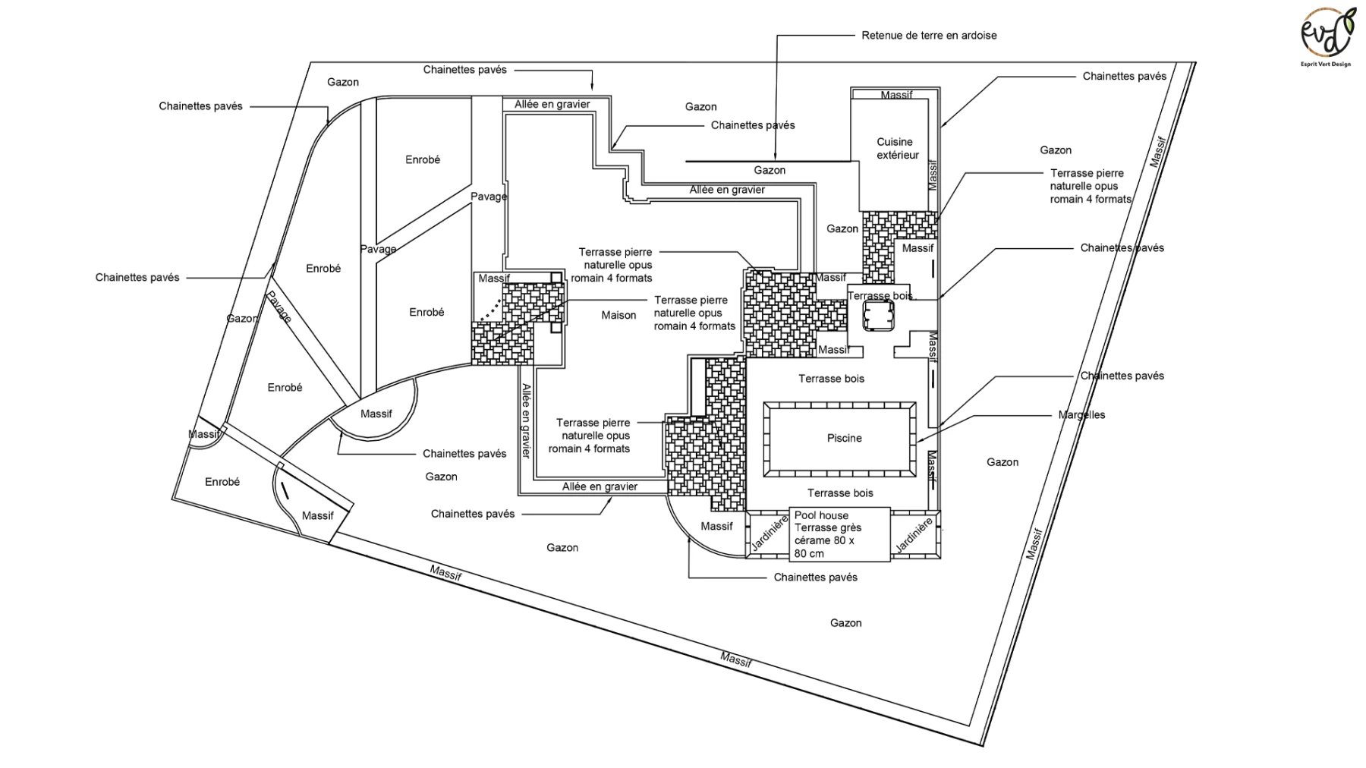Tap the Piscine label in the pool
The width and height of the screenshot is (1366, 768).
pyautogui.click(x=844, y=438)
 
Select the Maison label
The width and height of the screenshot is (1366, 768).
pyautogui.click(x=618, y=315)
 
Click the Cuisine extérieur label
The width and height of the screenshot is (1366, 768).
pyautogui.click(x=898, y=148)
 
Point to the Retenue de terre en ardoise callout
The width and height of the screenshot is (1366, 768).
pyautogui.click(x=929, y=35)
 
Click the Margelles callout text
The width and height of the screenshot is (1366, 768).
pyautogui.click(x=1081, y=415)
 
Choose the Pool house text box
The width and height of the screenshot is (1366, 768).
pyautogui.click(x=840, y=534)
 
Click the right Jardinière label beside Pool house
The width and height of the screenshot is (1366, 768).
pyautogui.click(x=914, y=535)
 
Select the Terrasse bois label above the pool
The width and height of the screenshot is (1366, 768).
pyautogui.click(x=831, y=378)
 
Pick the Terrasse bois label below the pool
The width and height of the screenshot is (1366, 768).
pyautogui.click(x=840, y=493)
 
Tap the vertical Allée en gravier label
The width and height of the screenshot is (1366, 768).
pyautogui.click(x=526, y=420)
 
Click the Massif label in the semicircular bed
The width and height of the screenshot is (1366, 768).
pyautogui.click(x=376, y=414)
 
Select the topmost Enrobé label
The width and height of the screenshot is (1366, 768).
pyautogui.click(x=423, y=159)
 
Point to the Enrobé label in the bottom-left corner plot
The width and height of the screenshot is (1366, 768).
pyautogui.click(x=222, y=482)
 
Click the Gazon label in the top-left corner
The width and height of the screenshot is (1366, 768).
pyautogui.click(x=343, y=82)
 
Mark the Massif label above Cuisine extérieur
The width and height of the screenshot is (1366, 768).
pyautogui.click(x=897, y=95)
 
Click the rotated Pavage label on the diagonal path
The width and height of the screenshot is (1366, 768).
pyautogui.click(x=279, y=307)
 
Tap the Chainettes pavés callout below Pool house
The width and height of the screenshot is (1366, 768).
pyautogui.click(x=815, y=577)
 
